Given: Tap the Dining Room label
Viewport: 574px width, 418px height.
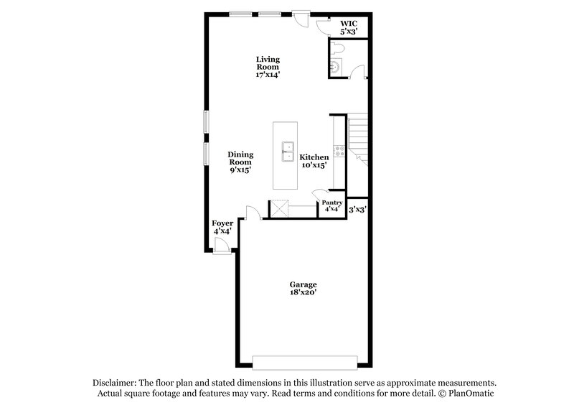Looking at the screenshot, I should tap(240, 158).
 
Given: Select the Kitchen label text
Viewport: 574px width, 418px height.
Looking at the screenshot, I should tap(314, 157).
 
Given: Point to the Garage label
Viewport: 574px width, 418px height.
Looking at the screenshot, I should tap(303, 284).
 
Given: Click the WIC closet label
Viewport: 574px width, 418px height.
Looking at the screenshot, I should tap(348, 23).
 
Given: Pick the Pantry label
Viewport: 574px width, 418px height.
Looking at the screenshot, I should tap(331, 203).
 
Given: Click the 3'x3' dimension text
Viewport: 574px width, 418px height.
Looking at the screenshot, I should tap(357, 210).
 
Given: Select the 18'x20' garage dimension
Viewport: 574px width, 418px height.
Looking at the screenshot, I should tap(303, 293).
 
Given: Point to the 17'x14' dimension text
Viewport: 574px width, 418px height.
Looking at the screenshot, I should tap(268, 74).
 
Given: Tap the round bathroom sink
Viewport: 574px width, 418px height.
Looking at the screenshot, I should tap(334, 68).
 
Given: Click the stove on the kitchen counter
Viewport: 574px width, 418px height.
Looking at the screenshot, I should tap(340, 151).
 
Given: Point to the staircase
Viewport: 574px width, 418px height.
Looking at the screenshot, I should tap(358, 140).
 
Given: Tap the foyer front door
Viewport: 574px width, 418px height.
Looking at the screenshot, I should tap(224, 246).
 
